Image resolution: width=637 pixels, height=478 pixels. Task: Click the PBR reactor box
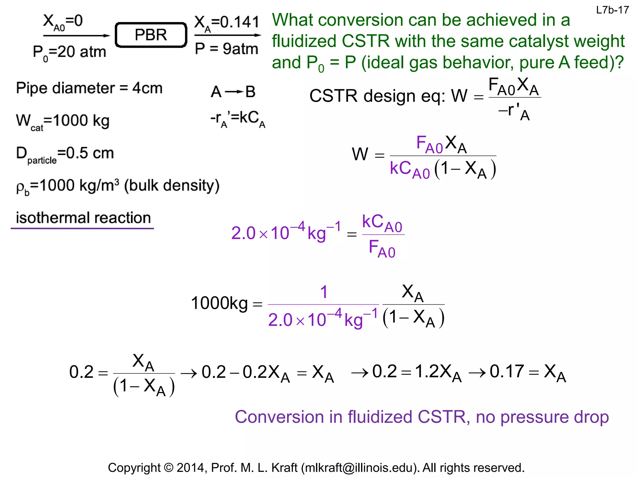[x=151, y=35]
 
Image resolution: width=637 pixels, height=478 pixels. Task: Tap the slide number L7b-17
[x=612, y=10]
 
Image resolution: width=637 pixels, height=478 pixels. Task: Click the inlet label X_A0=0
[x=63, y=22]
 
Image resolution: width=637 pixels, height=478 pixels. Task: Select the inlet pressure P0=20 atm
[x=69, y=52]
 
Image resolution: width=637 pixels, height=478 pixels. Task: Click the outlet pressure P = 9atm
[x=226, y=49]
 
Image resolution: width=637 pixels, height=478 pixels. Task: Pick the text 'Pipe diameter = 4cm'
[x=89, y=88]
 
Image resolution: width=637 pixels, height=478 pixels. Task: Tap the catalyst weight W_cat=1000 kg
[x=63, y=121]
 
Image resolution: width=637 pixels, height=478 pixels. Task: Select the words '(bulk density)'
[x=172, y=185]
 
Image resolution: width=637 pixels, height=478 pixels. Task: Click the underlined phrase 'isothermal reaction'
[x=83, y=218]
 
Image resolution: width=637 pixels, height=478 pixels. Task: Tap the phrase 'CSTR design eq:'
[x=378, y=96]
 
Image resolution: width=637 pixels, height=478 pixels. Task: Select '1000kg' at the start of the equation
[x=219, y=303]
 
